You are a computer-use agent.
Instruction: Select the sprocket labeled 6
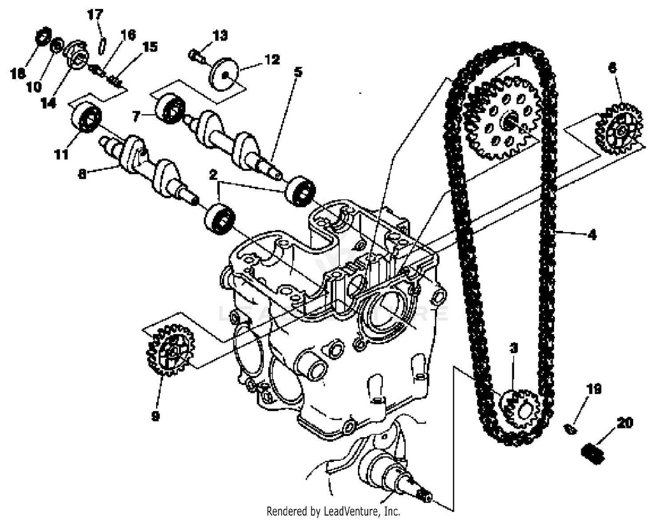pyautogui.click(x=619, y=129)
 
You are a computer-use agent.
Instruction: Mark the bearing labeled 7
pyautogui.click(x=169, y=108)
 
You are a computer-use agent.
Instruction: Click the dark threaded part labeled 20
pyautogui.click(x=593, y=454)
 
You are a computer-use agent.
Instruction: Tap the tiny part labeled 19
pyautogui.click(x=571, y=429)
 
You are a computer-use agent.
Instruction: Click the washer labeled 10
pyautogui.click(x=56, y=45)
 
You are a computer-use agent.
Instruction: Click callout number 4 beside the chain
pyautogui.click(x=592, y=234)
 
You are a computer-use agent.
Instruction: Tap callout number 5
pyautogui.click(x=298, y=71)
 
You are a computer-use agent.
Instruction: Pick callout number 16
pyautogui.click(x=128, y=35)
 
